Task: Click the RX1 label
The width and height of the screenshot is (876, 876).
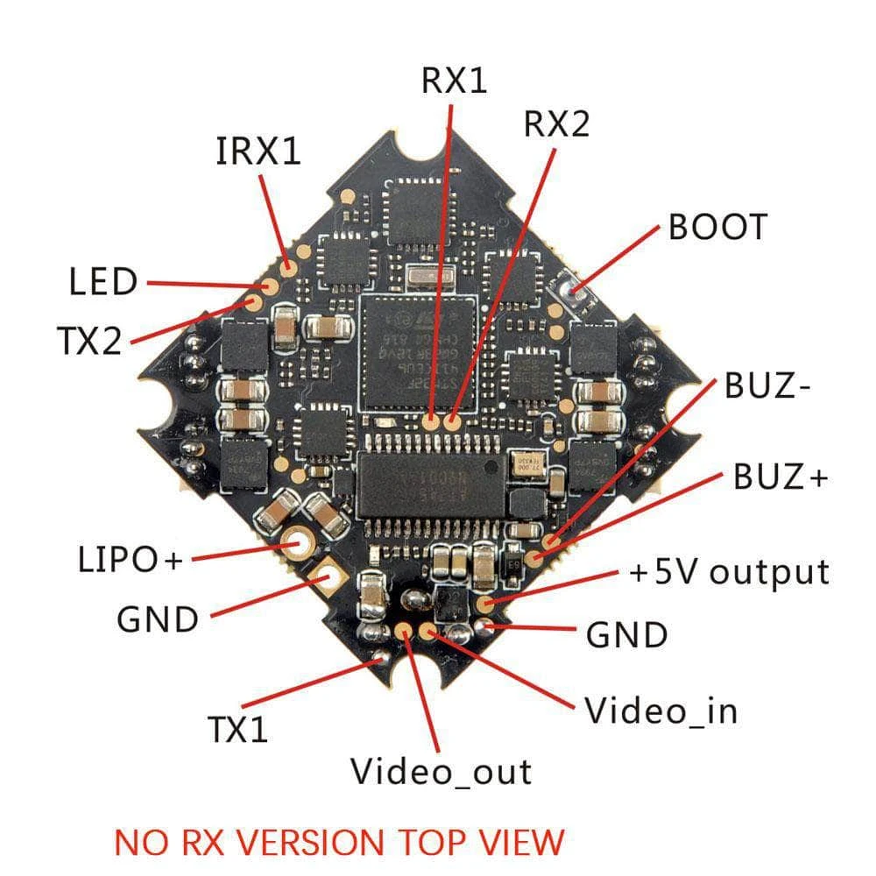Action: (x=453, y=81)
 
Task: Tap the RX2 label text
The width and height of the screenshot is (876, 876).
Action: (x=556, y=125)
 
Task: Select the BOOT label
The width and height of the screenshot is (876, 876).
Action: (x=717, y=227)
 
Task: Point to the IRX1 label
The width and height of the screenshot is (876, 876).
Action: (x=258, y=152)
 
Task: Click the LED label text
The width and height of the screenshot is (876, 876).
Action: (x=103, y=283)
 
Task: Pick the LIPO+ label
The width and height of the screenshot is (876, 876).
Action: (x=127, y=559)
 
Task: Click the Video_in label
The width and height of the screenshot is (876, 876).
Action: (x=661, y=710)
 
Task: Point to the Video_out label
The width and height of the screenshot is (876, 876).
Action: (x=441, y=772)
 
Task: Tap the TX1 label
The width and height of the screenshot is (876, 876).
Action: (x=237, y=729)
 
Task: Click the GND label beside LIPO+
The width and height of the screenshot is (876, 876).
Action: (x=158, y=619)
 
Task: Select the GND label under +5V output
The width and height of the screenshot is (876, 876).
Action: (x=626, y=634)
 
